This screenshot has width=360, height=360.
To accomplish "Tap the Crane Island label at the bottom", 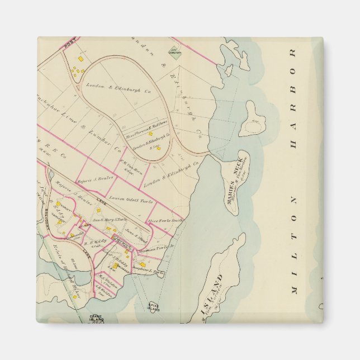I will [96, 319].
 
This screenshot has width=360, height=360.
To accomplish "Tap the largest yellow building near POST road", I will [80, 58].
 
